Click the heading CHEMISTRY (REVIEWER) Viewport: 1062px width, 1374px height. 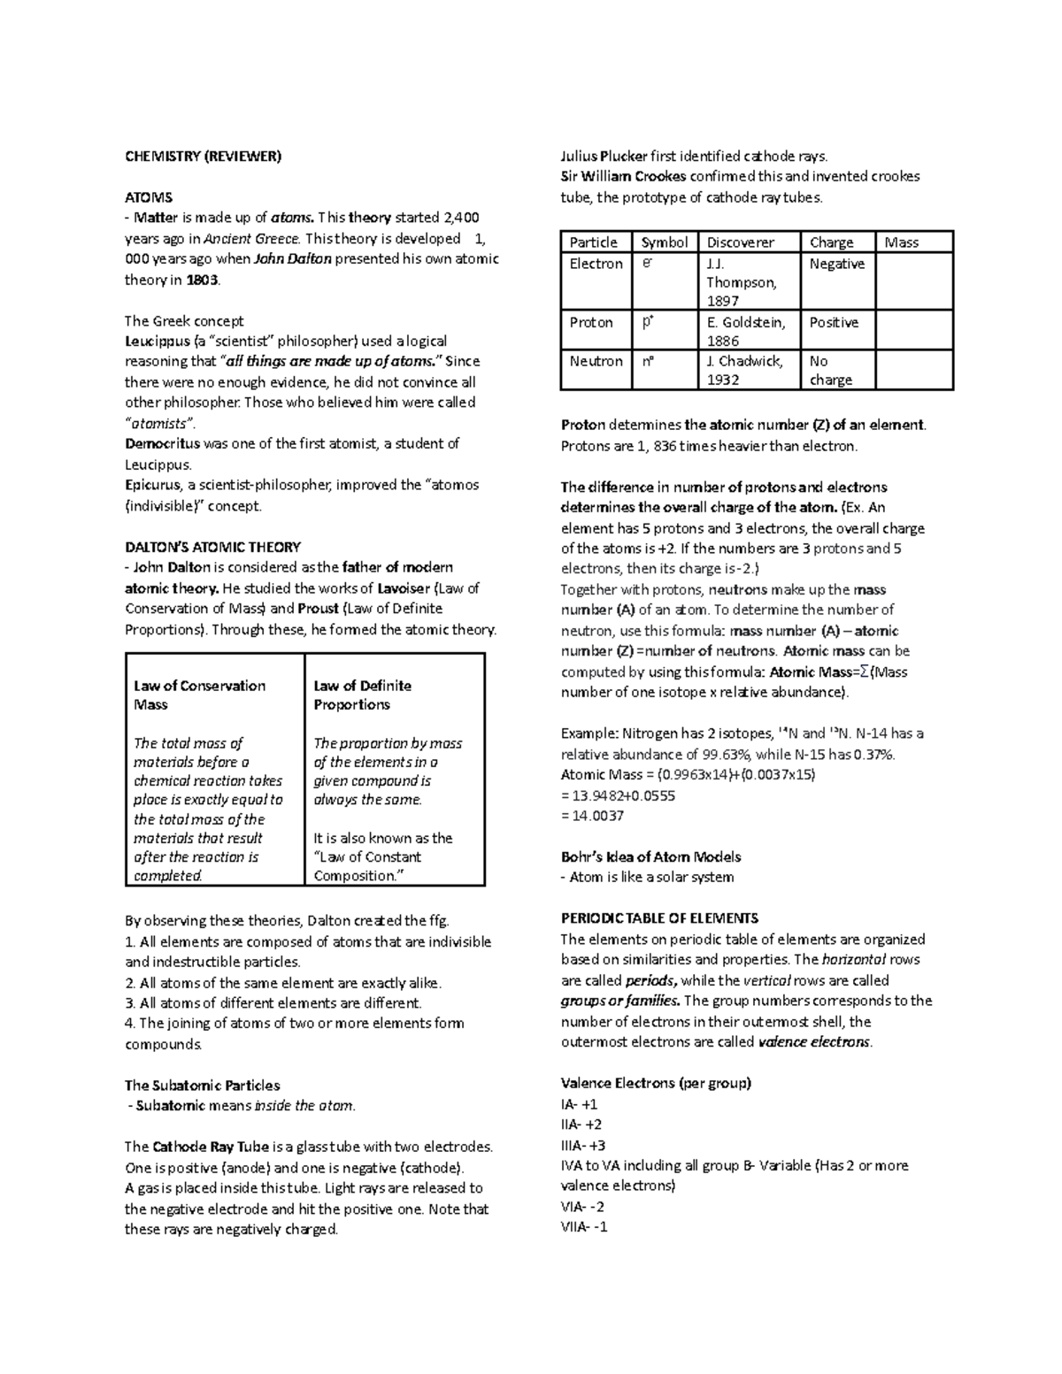pyautogui.click(x=203, y=157)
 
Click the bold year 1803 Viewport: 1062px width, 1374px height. pyautogui.click(x=201, y=280)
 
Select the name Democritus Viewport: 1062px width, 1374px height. pyautogui.click(x=163, y=443)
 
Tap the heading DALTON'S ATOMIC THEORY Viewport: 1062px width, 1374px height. pyautogui.click(x=212, y=547)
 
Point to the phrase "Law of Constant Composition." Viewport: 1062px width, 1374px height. pyautogui.click(x=367, y=866)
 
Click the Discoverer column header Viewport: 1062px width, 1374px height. pyautogui.click(x=740, y=242)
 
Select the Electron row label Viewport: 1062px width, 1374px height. pyautogui.click(x=596, y=264)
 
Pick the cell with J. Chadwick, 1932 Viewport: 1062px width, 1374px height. pyautogui.click(x=744, y=370)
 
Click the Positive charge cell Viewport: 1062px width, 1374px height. pyautogui.click(x=834, y=322)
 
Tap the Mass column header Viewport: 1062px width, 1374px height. pyautogui.click(x=901, y=242)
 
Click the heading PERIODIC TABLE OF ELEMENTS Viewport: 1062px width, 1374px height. pyautogui.click(x=659, y=918)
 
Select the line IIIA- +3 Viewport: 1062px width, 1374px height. pyautogui.click(x=582, y=1145)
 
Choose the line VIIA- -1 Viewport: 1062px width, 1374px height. pyautogui.click(x=584, y=1227)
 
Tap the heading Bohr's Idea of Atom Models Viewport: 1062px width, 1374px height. pyautogui.click(x=650, y=856)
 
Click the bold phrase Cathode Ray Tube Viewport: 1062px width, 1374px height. pyautogui.click(x=196, y=1147)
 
